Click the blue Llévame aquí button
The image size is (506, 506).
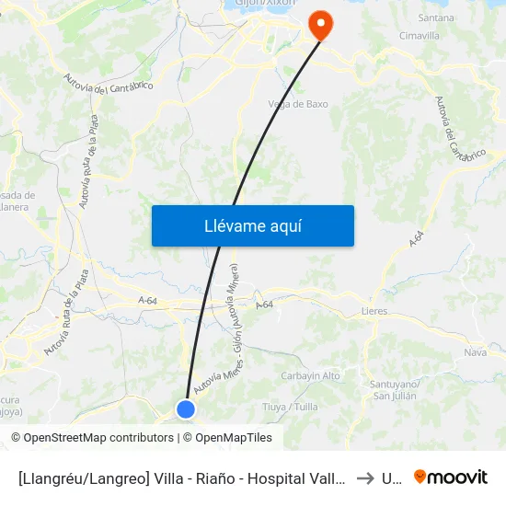252,225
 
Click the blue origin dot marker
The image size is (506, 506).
186,409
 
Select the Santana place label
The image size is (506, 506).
436,17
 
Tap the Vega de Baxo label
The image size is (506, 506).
297,104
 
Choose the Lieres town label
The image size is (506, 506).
374,312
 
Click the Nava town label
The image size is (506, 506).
476,352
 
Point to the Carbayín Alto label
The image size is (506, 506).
310,375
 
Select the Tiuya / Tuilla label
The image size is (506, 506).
291,407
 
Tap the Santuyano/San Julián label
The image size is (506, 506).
395,389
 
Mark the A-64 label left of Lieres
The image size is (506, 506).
264,305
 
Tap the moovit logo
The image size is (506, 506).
451,477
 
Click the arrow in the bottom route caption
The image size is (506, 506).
365,478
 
